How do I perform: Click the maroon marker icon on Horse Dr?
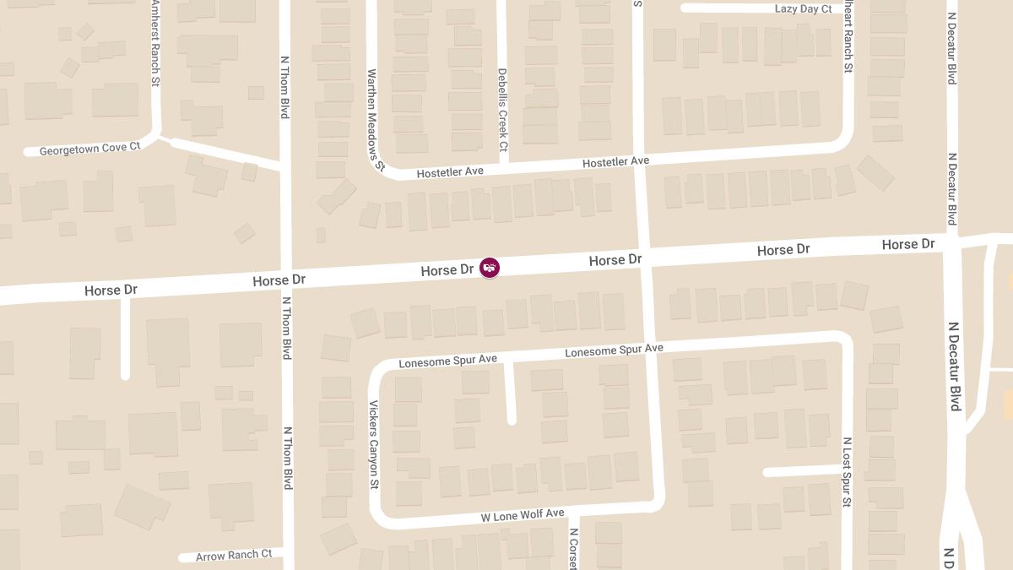490,268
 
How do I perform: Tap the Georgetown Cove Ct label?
89,148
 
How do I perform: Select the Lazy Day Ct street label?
804,8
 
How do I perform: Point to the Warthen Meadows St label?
375,120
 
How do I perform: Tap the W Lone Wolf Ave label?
523,514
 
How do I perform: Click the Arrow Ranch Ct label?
234,556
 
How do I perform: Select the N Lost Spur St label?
847,472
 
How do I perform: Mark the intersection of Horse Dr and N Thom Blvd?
286,280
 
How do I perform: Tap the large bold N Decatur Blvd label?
955,366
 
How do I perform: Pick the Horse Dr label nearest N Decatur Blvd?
908,245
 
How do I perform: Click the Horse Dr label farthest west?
111,290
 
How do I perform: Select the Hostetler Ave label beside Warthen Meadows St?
450,171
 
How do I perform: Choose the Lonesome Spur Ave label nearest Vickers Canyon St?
447,361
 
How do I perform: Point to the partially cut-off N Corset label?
573,549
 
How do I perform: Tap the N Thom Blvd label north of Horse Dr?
285,87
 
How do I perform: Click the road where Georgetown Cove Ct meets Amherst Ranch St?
156,133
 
